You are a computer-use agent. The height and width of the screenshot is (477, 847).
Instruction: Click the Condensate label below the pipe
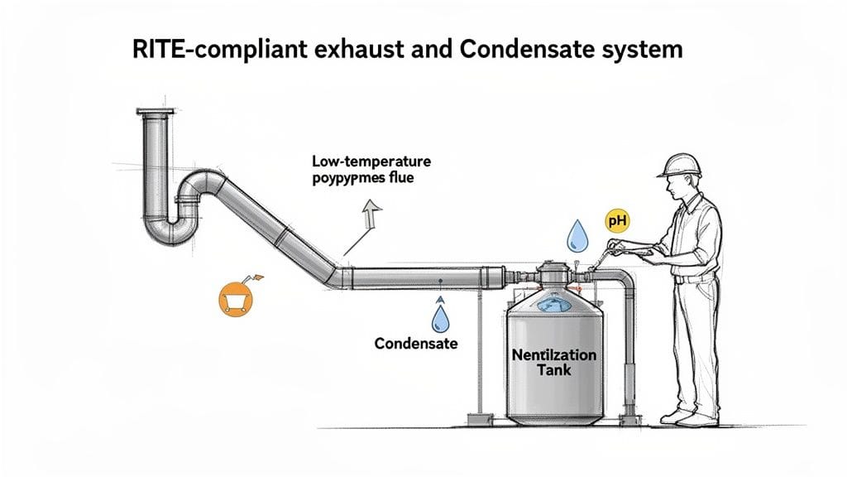pos(415,343)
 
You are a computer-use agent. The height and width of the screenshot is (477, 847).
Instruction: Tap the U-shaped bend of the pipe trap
pos(170,231)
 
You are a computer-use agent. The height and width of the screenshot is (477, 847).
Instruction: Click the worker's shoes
pos(691,416)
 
